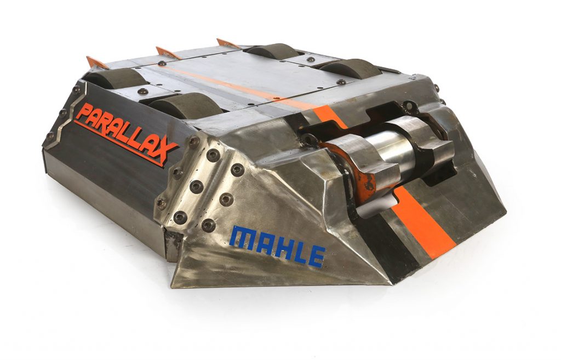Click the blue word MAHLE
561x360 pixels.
277,246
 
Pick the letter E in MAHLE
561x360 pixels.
316,256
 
